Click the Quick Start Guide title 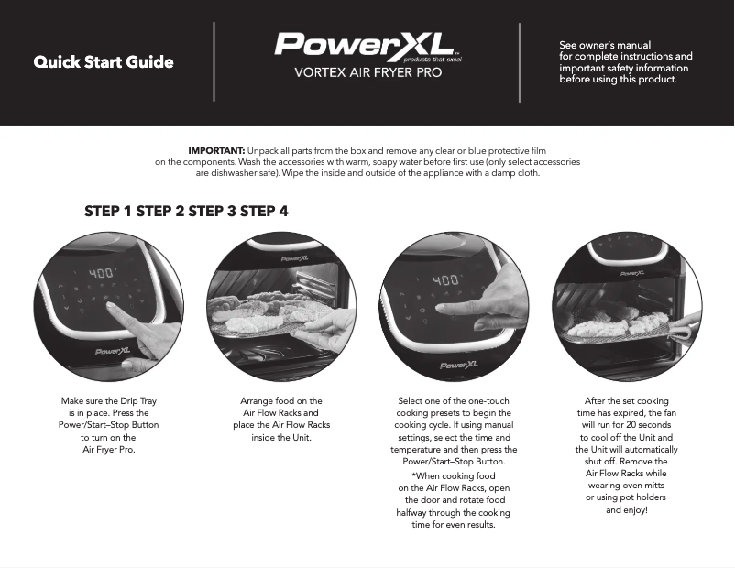(104, 62)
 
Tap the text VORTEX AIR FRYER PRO (367, 72)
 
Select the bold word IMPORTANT (215, 149)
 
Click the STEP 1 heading (108, 211)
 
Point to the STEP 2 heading (160, 211)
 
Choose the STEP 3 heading (212, 211)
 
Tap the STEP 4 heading (264, 211)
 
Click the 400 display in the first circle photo (100, 274)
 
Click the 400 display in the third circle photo (445, 279)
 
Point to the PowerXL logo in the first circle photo (115, 351)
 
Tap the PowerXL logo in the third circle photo (458, 365)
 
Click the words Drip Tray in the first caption (139, 401)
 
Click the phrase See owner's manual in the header (605, 45)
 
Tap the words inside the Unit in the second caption (281, 437)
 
